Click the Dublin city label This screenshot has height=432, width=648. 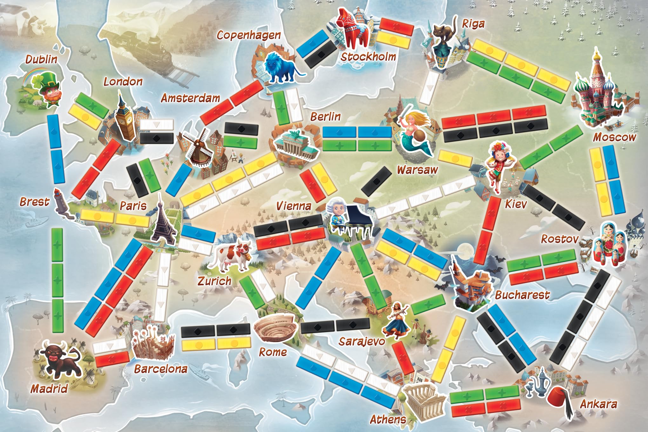tap(41, 59)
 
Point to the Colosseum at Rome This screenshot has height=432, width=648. tap(275, 330)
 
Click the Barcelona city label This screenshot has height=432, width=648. tap(160, 369)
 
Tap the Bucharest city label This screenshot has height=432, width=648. tap(522, 295)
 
